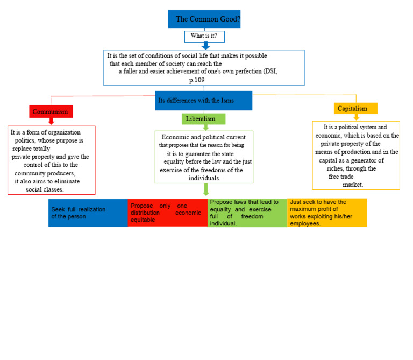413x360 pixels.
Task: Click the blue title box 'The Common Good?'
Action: (x=204, y=19)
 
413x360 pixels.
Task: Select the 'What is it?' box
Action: (x=204, y=37)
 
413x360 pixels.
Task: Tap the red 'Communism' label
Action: (x=51, y=112)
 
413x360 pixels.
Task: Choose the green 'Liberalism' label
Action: (x=204, y=119)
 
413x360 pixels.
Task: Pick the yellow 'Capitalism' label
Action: (x=356, y=108)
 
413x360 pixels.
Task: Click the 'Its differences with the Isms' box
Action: (x=204, y=101)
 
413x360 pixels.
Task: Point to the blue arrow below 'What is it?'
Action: (x=205, y=46)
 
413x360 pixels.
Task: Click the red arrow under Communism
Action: (x=52, y=121)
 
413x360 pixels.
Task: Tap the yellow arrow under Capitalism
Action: (x=357, y=117)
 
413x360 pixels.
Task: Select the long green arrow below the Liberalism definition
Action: (x=206, y=189)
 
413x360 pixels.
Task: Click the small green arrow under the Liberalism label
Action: (x=206, y=127)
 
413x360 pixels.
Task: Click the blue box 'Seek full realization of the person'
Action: (x=88, y=213)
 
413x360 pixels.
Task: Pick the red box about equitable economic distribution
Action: (x=168, y=213)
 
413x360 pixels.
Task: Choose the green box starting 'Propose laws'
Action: (x=247, y=213)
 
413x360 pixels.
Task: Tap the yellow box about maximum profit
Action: (x=327, y=213)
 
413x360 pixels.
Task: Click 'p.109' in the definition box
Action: (x=197, y=80)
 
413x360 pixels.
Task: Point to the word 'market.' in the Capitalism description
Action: (x=353, y=185)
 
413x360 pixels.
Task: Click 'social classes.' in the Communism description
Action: (x=45, y=189)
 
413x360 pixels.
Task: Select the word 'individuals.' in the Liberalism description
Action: (x=204, y=178)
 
